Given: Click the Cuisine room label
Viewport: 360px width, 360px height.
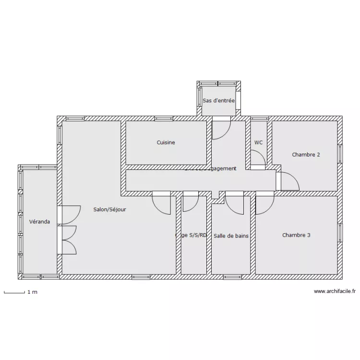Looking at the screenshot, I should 166,143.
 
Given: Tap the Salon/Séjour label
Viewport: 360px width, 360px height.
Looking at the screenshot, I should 110,209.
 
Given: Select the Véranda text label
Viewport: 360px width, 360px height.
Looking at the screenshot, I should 39,222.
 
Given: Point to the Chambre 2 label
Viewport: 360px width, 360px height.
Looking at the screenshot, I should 306,155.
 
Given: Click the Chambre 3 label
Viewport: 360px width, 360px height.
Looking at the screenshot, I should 296,235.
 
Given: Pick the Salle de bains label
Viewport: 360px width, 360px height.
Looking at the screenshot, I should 231,236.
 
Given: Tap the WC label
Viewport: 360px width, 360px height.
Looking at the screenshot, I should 259,143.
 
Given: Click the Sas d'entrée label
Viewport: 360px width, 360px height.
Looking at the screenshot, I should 218,101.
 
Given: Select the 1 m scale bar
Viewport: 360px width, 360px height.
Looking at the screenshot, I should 14,291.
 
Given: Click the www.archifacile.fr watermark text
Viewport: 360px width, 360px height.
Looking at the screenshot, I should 335,291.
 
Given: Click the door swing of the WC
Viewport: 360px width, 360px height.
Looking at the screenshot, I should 258,158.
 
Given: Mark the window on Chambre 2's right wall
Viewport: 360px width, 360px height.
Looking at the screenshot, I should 340,154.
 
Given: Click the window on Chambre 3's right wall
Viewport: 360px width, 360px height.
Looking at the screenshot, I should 340,232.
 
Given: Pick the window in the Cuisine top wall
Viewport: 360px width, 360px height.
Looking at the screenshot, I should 163,118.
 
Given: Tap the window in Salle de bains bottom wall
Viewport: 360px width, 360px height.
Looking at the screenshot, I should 232,277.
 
